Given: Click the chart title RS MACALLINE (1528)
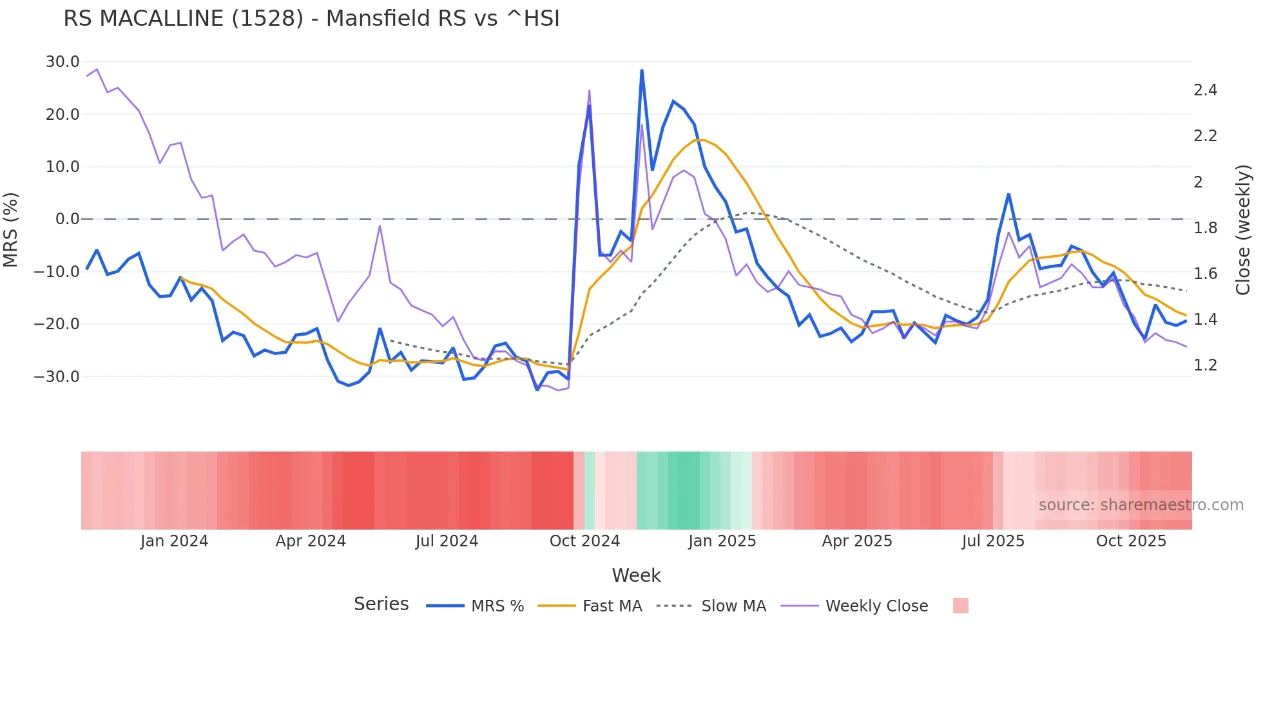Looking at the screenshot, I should (311, 19).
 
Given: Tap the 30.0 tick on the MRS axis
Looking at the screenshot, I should (63, 62).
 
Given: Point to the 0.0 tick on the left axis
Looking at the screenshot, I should (67, 219).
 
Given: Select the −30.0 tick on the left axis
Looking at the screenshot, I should (57, 376).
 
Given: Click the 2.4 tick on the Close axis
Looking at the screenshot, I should (1205, 90).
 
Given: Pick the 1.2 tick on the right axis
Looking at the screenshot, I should (1205, 365).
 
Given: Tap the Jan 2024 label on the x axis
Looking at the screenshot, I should (174, 541).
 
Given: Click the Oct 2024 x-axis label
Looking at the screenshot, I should (584, 541).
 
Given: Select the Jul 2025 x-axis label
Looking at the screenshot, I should (993, 541).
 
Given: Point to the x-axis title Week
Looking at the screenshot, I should (636, 575).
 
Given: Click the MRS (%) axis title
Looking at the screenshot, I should (11, 230).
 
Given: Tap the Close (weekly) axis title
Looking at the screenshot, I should (1243, 230).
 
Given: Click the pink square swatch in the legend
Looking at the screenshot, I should (960, 606).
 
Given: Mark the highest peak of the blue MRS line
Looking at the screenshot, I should (642, 70).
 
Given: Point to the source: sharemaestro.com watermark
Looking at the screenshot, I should (1141, 505).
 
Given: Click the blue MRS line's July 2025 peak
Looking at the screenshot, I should (1008, 194).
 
